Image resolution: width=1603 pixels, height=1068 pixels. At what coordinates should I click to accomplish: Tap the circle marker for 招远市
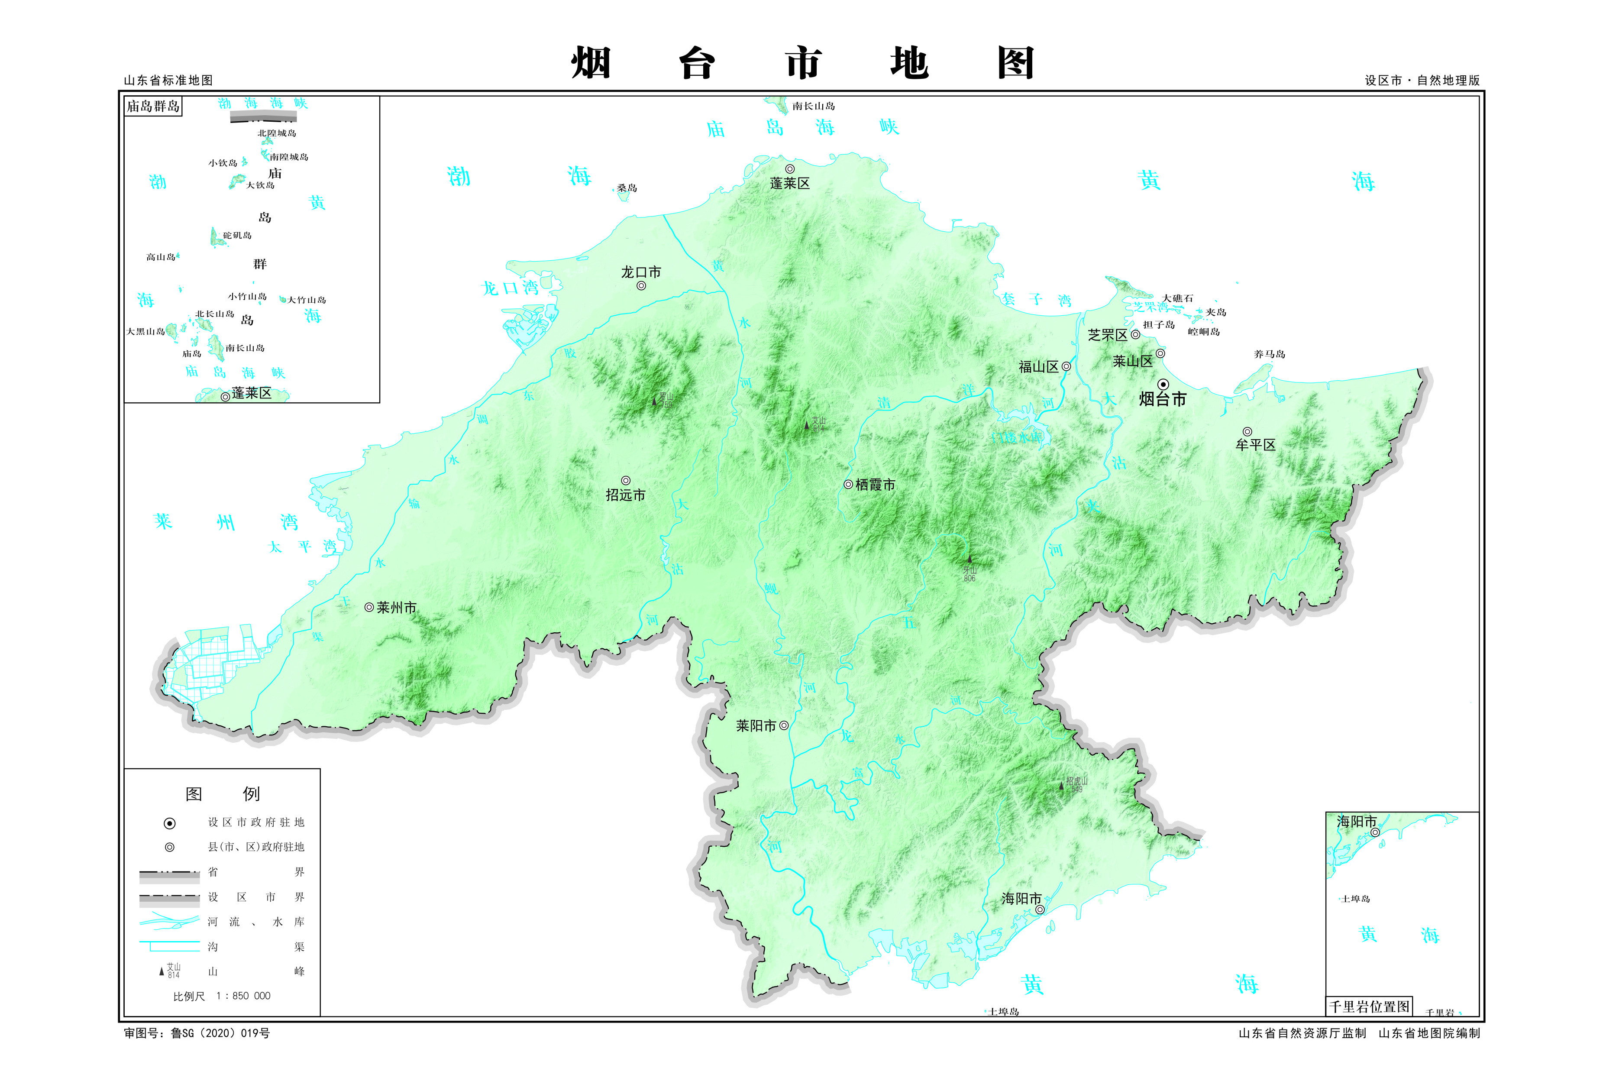point(625,481)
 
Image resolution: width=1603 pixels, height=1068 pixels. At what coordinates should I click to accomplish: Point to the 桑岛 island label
point(627,188)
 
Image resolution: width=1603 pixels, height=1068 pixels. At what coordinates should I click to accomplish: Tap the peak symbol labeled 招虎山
point(1060,785)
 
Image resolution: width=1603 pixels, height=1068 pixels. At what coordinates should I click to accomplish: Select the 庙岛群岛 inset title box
point(153,106)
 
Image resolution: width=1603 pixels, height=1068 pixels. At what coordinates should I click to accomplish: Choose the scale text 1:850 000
point(242,996)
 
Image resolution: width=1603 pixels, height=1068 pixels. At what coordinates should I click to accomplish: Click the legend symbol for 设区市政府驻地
point(170,823)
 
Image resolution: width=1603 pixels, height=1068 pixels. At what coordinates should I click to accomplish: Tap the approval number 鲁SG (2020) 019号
point(219,1033)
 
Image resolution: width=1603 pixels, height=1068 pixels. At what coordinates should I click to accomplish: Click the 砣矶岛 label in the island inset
point(237,236)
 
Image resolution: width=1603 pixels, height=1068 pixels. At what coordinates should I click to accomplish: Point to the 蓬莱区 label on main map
point(789,183)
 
